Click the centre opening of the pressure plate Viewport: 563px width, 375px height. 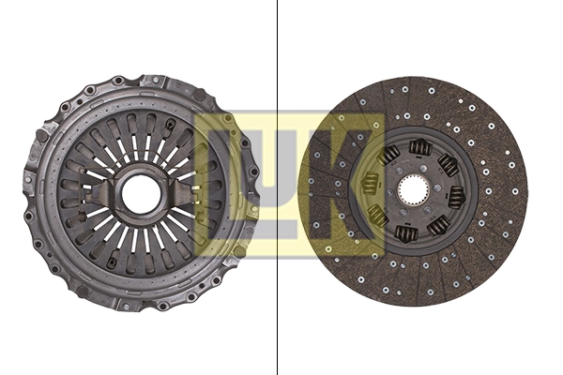click(142, 193)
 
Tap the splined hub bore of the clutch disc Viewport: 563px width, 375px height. click(412, 191)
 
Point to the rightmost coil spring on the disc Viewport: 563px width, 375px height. click(457, 197)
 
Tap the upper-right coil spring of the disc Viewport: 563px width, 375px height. click(449, 166)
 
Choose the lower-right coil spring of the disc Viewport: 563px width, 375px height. click(438, 226)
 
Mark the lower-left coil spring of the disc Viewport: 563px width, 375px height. click(377, 216)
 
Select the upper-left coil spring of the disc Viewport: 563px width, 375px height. click(389, 155)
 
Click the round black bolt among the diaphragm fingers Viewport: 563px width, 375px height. click(169, 125)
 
